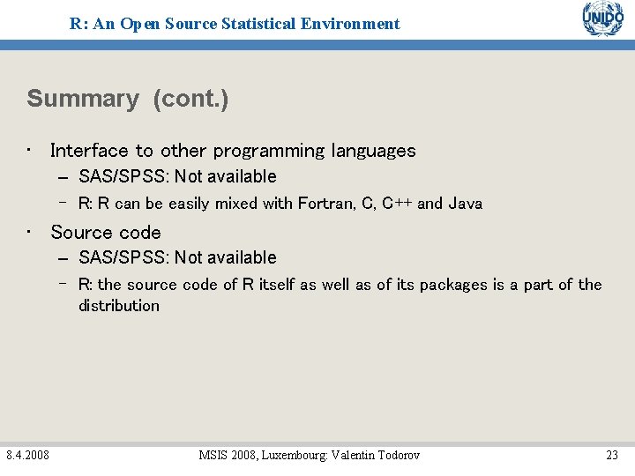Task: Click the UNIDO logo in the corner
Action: click(x=602, y=19)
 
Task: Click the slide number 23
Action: click(x=611, y=455)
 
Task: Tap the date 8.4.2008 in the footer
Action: click(x=27, y=455)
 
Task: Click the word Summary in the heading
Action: click(x=83, y=99)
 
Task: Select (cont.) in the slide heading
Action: click(x=190, y=99)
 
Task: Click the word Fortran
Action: click(x=326, y=204)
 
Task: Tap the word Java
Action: click(x=465, y=204)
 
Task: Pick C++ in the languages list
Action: click(x=396, y=204)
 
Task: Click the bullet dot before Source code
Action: click(x=29, y=233)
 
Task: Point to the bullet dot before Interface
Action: click(x=29, y=151)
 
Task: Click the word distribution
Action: click(x=119, y=306)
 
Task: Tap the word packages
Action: click(x=451, y=285)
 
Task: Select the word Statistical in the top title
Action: click(x=270, y=24)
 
